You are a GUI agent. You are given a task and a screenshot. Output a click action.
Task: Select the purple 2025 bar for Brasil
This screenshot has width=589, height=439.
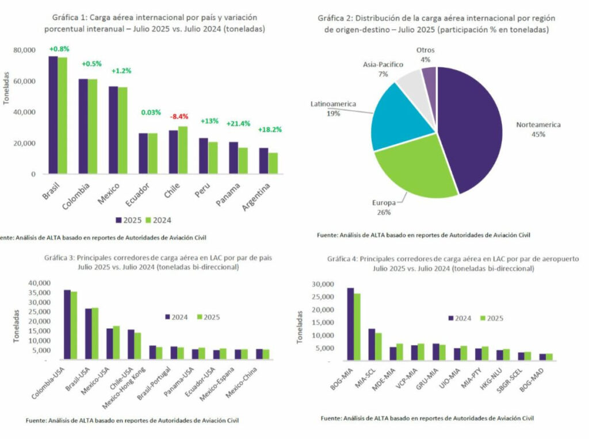pos(53,115)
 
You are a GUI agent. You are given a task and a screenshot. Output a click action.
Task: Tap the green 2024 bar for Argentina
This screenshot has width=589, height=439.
pos(273,163)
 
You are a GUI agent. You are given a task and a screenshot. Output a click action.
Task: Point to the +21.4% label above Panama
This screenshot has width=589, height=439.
pos(239,124)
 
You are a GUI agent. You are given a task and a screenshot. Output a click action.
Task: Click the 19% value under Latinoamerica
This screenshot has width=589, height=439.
pos(333,114)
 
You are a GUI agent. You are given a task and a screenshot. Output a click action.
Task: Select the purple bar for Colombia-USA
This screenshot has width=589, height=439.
pos(67,325)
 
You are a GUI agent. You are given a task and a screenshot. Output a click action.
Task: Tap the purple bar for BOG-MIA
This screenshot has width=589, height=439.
pos(350,325)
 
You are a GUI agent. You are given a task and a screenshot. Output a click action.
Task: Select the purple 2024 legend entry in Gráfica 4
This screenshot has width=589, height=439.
pos(460,318)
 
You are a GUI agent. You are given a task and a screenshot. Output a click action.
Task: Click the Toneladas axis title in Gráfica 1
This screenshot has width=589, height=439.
pos(6,87)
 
